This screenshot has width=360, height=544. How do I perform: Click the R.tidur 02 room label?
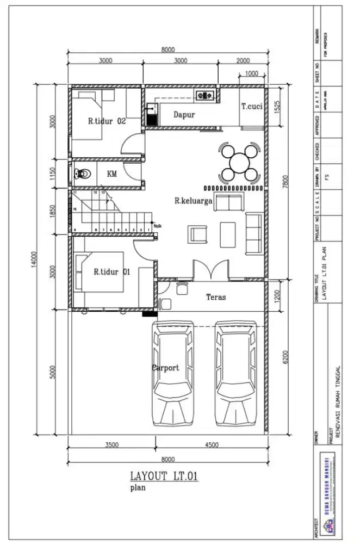tap(107, 121)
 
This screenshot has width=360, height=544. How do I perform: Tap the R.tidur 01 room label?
tap(111, 272)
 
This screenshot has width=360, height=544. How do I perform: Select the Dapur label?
tap(184, 115)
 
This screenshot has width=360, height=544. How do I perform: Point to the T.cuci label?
tap(252, 107)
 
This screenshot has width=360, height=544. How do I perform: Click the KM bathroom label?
tap(112, 174)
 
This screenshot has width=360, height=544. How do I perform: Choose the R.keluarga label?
tap(193, 201)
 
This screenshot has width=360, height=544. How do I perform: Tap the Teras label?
tap(216, 297)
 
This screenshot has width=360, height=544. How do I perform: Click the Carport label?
tap(165, 368)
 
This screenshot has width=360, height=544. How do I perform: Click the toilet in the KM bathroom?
tap(81, 174)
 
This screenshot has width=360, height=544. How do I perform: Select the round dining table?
tap(239, 162)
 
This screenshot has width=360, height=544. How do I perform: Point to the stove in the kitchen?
tap(206, 96)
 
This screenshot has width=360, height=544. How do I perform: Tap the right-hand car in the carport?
tap(235, 373)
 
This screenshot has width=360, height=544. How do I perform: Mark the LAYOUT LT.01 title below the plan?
tap(163, 477)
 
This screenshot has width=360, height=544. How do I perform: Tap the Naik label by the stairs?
tap(158, 225)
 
